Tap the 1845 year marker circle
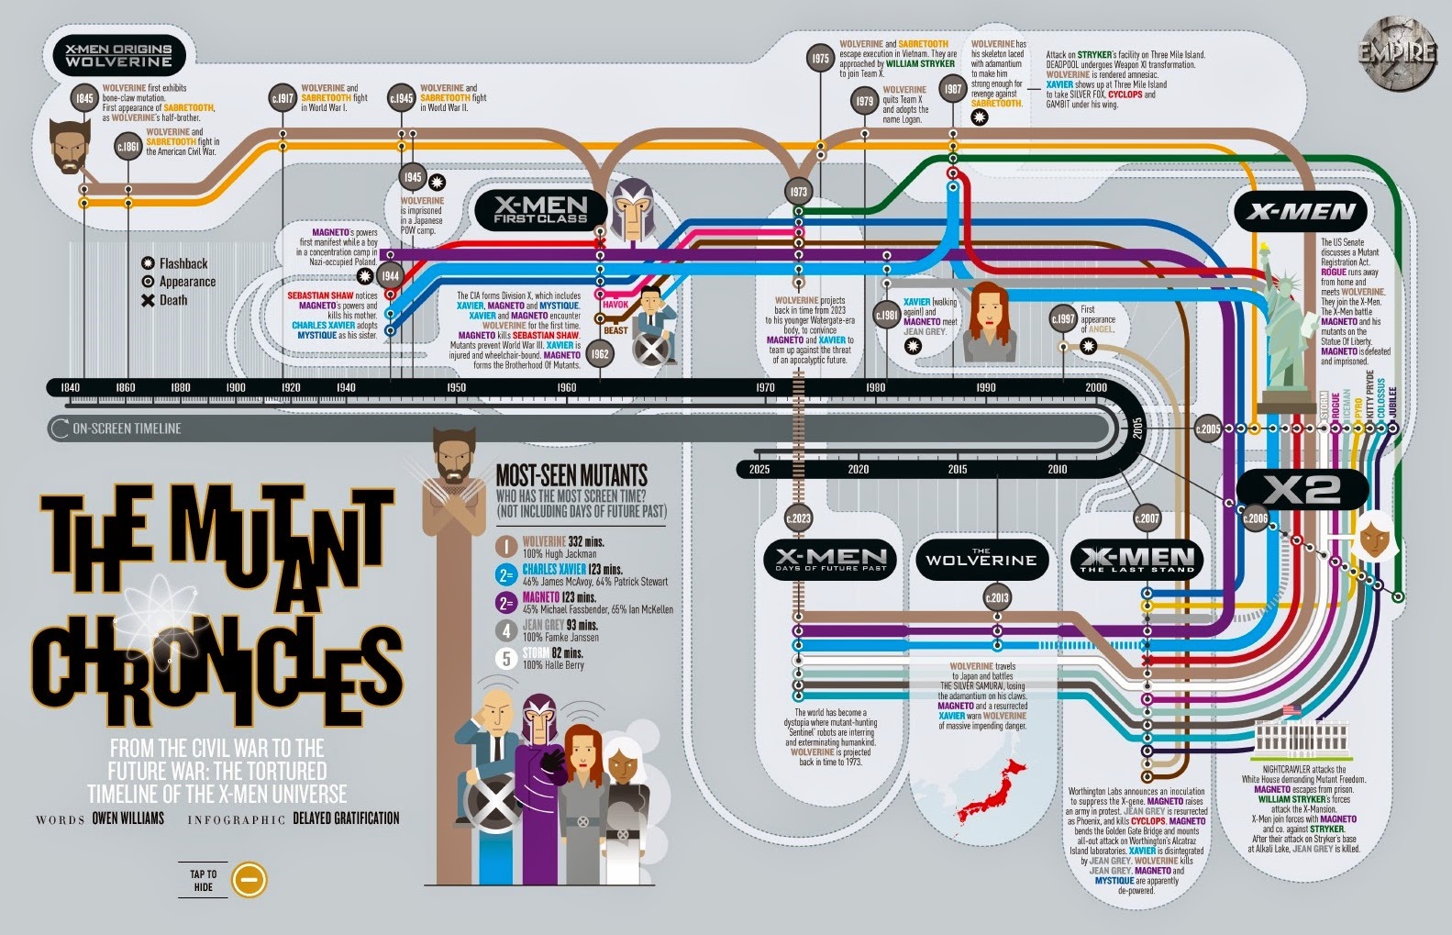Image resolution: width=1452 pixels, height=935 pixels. tap(84, 97)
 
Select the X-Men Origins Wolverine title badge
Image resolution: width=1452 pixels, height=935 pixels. tap(118, 56)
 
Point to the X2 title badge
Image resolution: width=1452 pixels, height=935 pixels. tap(1302, 490)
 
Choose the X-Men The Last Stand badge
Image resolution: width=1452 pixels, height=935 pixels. tap(1137, 560)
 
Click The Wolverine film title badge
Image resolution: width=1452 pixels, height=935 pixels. tap(981, 559)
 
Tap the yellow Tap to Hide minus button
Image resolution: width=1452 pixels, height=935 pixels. tap(249, 880)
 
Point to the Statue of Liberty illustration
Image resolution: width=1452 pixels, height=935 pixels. tap(1284, 321)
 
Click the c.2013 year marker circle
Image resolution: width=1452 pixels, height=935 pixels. tap(997, 598)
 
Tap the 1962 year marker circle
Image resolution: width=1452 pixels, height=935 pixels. tap(600, 354)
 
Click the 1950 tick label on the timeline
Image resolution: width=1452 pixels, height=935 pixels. tap(456, 388)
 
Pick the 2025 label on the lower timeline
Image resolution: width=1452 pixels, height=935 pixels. tap(759, 470)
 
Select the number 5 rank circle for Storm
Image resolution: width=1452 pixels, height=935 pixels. tap(505, 658)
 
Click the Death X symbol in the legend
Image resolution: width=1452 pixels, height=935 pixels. tap(147, 300)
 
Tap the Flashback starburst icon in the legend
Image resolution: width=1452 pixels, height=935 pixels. tap(147, 263)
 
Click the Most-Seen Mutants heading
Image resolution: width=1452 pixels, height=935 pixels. tap(571, 475)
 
